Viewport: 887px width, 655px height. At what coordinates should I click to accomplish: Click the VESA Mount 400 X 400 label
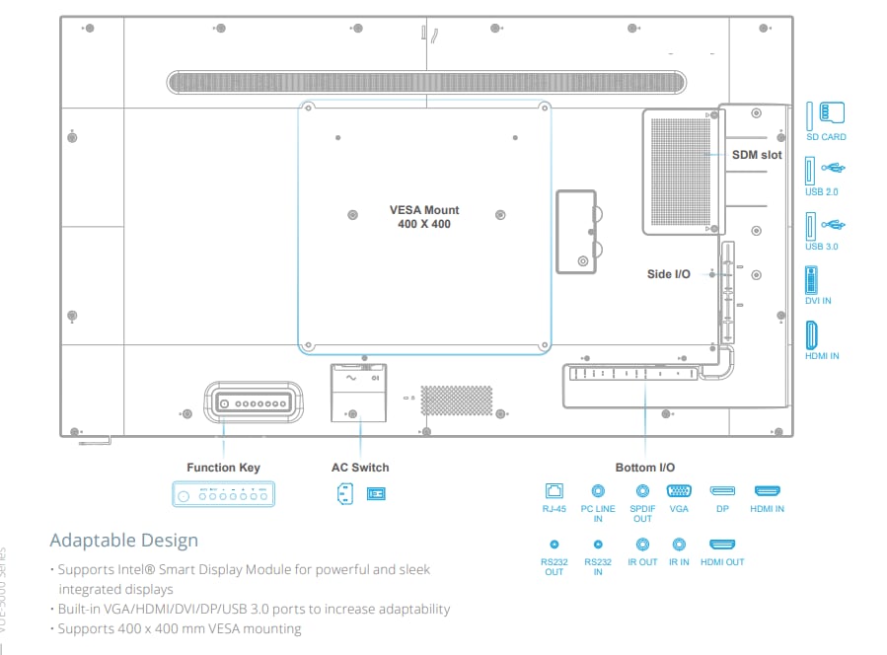(x=424, y=217)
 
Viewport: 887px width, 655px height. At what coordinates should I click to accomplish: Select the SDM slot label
(x=757, y=156)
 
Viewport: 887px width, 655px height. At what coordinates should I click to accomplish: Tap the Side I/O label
(x=668, y=274)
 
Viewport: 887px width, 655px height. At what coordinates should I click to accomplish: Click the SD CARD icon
(x=826, y=113)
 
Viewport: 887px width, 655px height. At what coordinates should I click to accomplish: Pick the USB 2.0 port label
(x=821, y=192)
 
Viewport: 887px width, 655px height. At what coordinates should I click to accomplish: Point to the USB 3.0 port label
(x=821, y=247)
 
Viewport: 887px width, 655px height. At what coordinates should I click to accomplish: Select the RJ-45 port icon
(x=554, y=490)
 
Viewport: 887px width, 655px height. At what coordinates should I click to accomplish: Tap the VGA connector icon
(x=679, y=490)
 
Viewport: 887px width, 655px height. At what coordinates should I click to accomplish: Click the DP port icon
(x=722, y=490)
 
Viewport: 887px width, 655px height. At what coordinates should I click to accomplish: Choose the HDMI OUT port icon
(x=722, y=544)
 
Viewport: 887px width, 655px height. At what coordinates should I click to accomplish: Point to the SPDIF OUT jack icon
(x=643, y=490)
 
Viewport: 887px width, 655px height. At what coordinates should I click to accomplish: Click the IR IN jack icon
(x=679, y=544)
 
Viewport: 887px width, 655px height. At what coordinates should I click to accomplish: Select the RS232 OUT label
(x=554, y=567)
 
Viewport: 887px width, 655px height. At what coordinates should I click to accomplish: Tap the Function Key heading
(x=224, y=468)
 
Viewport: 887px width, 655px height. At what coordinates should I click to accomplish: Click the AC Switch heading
(x=360, y=468)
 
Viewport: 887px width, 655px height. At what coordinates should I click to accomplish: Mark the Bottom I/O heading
(x=646, y=468)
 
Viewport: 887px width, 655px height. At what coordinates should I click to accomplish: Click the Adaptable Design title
(x=124, y=541)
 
